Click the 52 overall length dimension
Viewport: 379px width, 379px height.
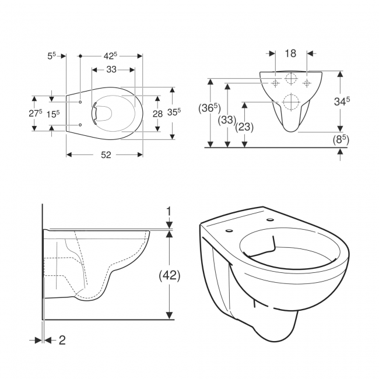coord(105,155)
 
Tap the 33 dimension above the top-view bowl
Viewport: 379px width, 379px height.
coord(111,69)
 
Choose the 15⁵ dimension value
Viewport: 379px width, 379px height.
coord(53,114)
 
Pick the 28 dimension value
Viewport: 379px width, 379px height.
coord(157,114)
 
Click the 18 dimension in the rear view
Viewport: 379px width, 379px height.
coord(290,54)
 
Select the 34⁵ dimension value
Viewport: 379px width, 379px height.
coord(344,101)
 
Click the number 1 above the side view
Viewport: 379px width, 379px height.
coord(169,210)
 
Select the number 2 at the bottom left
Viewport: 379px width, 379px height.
coord(62,340)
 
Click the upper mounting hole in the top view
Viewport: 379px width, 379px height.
coord(79,101)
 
